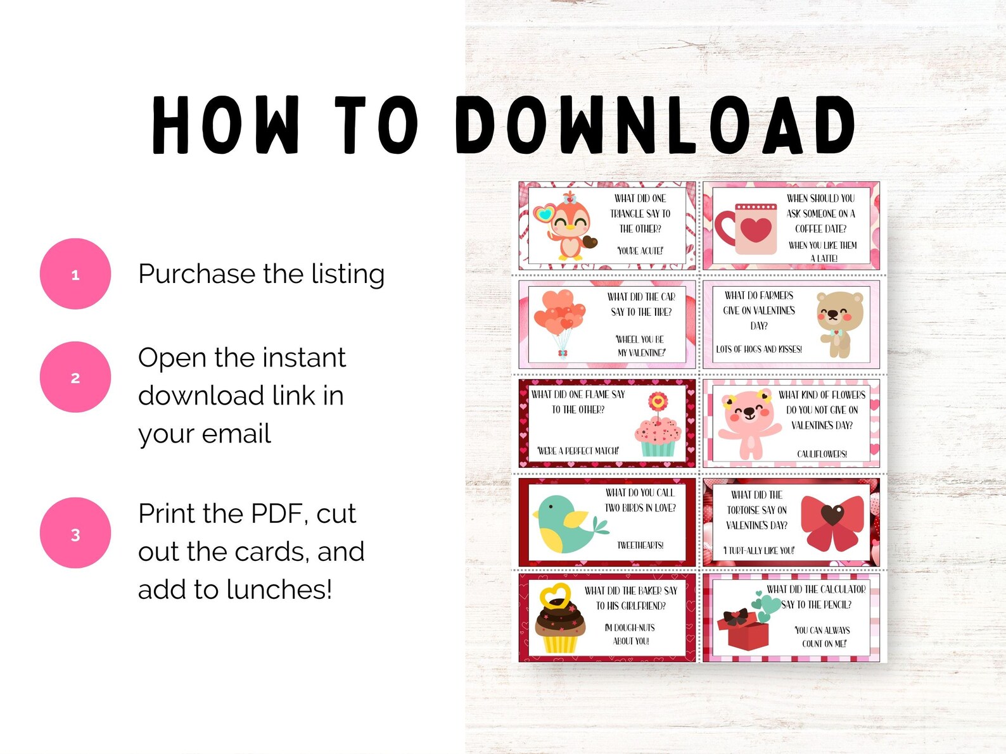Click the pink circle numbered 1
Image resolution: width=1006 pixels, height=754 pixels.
[x=75, y=274]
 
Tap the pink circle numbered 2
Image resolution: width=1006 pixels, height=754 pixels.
[x=75, y=377]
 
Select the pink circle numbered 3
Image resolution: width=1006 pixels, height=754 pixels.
[x=75, y=533]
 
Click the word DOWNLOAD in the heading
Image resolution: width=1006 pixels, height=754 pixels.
[x=656, y=125]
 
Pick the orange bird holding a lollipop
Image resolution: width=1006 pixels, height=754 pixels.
[x=567, y=227]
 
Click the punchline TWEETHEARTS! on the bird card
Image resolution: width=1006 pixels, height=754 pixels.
[x=640, y=545]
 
